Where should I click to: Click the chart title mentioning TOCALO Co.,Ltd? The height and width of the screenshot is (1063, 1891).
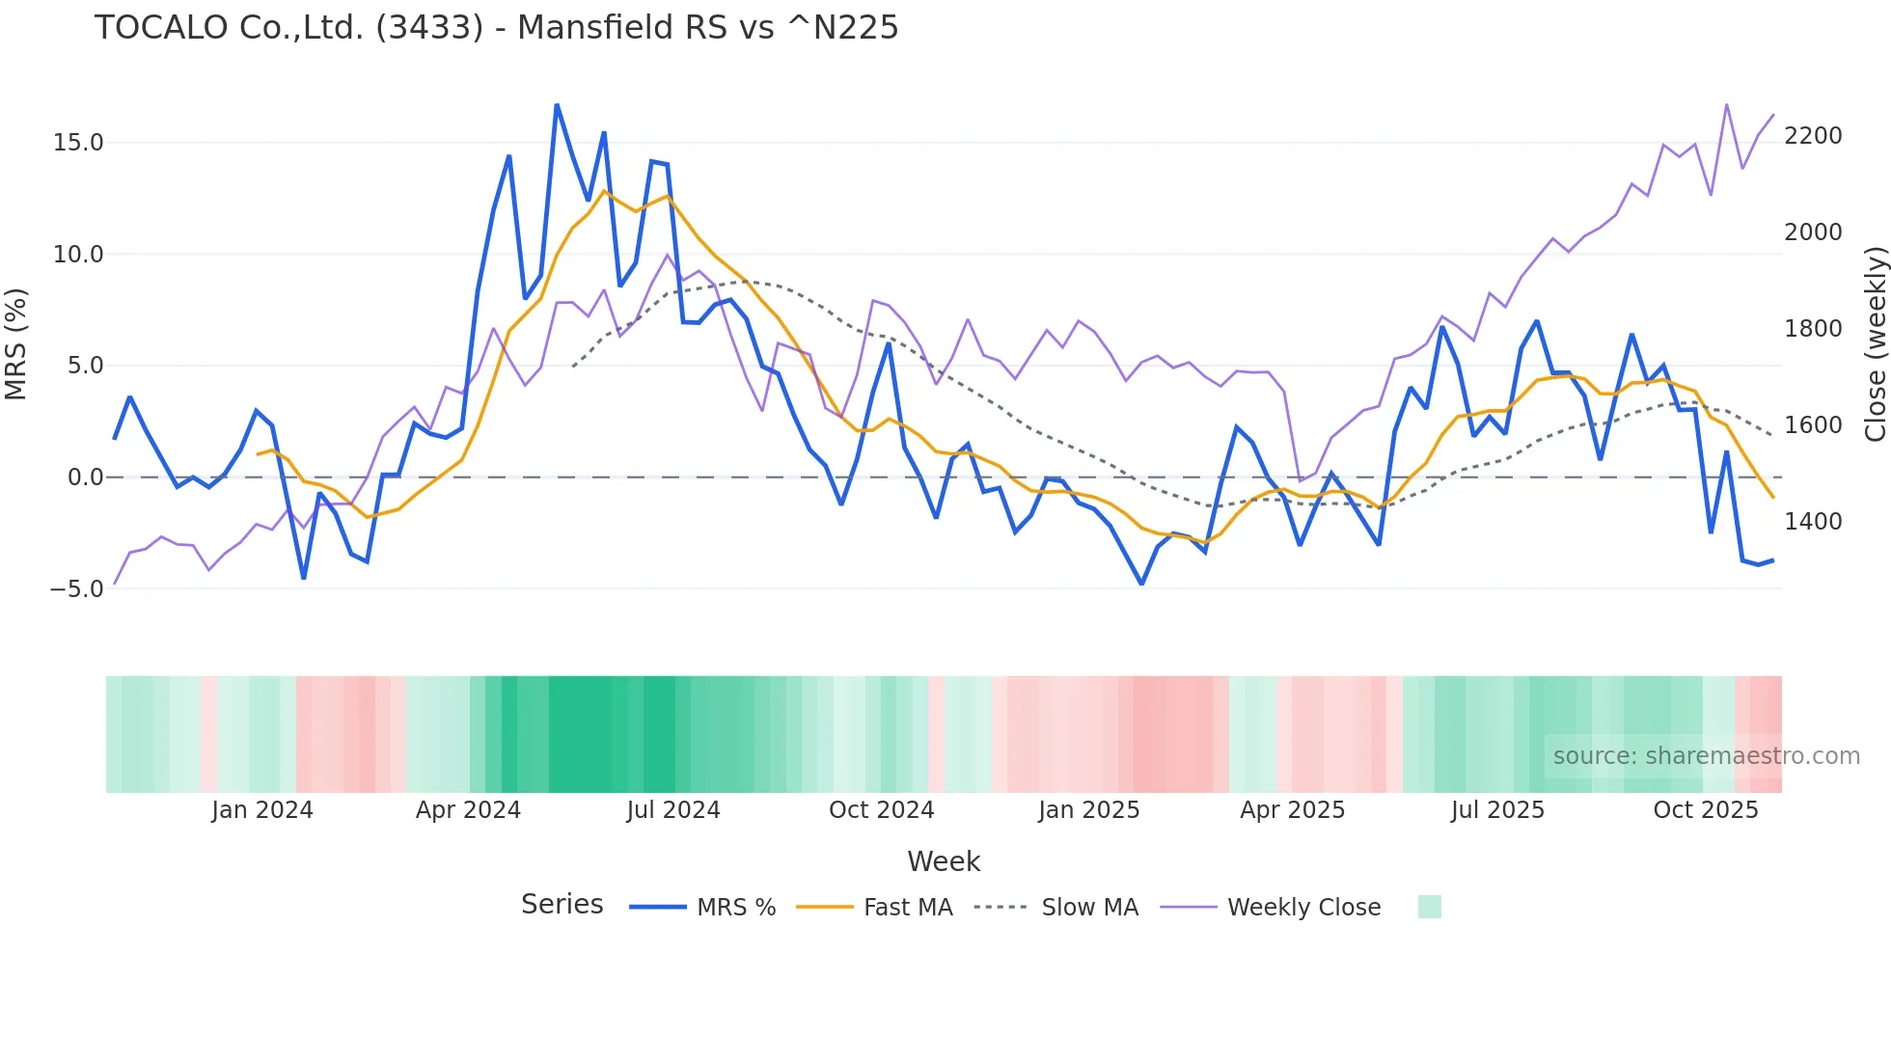click(x=496, y=28)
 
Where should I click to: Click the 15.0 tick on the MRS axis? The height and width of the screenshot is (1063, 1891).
click(x=78, y=143)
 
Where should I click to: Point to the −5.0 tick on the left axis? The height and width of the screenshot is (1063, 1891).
click(x=76, y=588)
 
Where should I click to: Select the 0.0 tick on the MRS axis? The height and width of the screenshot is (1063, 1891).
click(x=85, y=477)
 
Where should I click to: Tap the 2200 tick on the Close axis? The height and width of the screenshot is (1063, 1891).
click(x=1813, y=136)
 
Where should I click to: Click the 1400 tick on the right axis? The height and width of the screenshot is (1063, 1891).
click(x=1813, y=522)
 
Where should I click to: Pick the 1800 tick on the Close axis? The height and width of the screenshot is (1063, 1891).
click(x=1813, y=329)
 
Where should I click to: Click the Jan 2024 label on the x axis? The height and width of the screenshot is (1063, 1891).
click(x=262, y=810)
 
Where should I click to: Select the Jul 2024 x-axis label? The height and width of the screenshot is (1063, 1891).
click(x=673, y=810)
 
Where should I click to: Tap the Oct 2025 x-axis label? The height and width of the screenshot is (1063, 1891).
click(x=1706, y=810)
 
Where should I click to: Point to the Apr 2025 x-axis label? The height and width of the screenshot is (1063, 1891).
click(x=1293, y=810)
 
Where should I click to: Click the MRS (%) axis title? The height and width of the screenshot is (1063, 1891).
click(x=16, y=343)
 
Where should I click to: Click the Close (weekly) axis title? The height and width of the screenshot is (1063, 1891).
click(x=1875, y=343)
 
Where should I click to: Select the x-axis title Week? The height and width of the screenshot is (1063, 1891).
click(x=944, y=861)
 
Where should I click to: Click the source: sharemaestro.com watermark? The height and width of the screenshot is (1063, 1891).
click(x=1706, y=756)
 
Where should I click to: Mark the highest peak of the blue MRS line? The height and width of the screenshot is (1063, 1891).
click(x=557, y=104)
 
